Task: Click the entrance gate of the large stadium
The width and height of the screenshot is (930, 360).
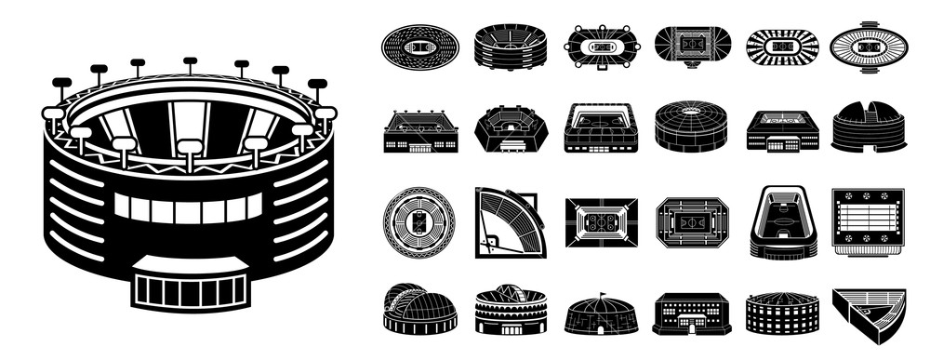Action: pyautogui.click(x=190, y=289)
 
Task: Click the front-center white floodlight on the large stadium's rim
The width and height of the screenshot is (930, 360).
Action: pyautogui.click(x=190, y=147)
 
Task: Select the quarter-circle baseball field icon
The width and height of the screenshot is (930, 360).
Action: pyautogui.click(x=510, y=222)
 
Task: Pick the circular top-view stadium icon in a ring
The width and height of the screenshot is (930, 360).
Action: pyautogui.click(x=419, y=222)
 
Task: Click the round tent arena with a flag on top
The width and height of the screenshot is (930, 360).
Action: pyautogui.click(x=601, y=313)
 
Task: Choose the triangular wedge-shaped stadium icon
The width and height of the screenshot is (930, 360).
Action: pyautogui.click(x=869, y=314)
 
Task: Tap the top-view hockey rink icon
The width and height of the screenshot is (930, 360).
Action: pyautogui.click(x=601, y=222)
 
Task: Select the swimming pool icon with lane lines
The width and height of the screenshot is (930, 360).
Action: pyautogui.click(x=868, y=221)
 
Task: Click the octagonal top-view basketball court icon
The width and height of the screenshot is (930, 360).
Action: pyautogui.click(x=692, y=222)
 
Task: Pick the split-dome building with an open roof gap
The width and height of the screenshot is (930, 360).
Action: pyautogui.click(x=869, y=128)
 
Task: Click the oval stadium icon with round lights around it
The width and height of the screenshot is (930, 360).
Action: pyautogui.click(x=603, y=46)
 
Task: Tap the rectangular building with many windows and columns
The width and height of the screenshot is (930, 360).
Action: pyautogui.click(x=692, y=313)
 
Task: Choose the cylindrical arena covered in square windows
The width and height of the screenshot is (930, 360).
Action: pyautogui.click(x=782, y=313)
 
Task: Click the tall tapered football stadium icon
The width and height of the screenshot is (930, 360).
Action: pyautogui.click(x=782, y=222)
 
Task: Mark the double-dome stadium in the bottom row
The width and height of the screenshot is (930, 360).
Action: pyautogui.click(x=419, y=310)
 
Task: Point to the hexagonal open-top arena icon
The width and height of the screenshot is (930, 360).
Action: pyautogui.click(x=511, y=128)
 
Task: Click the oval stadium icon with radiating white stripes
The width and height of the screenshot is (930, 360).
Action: pyautogui.click(x=782, y=46)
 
